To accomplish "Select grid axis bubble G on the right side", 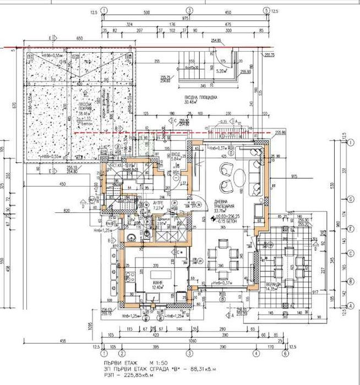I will click(350, 200).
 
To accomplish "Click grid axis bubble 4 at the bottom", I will click(255, 354).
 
